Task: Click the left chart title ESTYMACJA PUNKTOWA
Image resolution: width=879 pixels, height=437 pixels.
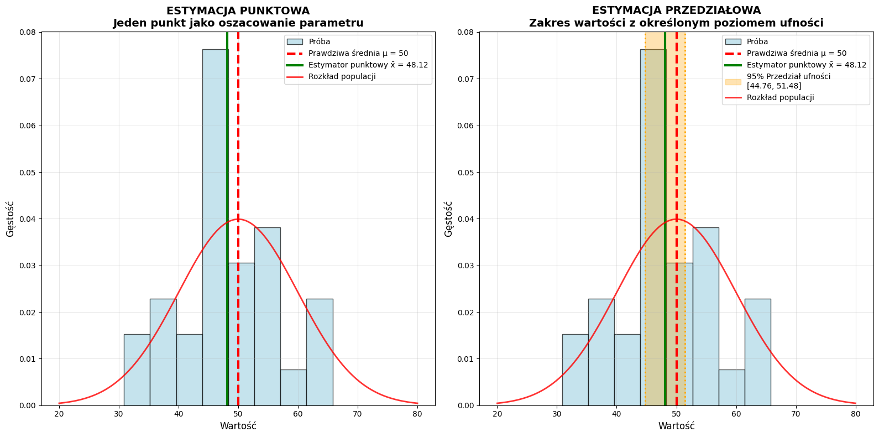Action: click(x=238, y=11)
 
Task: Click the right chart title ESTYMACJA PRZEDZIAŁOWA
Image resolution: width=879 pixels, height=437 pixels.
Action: click(x=676, y=11)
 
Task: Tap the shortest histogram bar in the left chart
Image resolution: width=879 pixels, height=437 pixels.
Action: click(x=293, y=387)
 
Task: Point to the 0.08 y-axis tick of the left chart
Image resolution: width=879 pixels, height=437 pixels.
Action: click(x=28, y=32)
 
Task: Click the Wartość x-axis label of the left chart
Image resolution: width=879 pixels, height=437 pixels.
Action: click(x=238, y=426)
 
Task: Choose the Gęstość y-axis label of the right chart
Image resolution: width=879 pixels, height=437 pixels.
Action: click(x=448, y=219)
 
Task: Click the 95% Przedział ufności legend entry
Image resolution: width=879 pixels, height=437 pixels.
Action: click(x=788, y=81)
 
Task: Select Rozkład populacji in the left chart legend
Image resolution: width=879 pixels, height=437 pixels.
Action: click(x=342, y=77)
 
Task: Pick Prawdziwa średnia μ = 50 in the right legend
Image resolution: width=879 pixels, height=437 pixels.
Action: click(x=796, y=54)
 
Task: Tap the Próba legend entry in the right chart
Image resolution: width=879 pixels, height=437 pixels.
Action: click(x=757, y=42)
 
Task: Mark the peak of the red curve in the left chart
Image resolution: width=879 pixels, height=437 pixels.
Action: click(x=238, y=219)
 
